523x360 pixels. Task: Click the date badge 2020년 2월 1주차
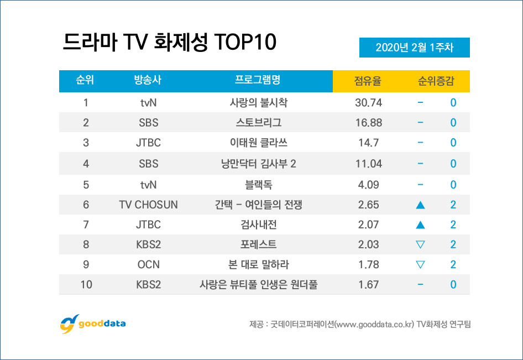414,48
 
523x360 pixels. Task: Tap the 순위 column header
85,81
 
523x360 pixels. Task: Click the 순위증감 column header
436,81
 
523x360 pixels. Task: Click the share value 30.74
368,102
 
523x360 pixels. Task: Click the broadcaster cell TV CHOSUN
148,205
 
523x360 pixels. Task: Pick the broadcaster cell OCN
148,264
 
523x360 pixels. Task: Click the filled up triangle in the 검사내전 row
420,225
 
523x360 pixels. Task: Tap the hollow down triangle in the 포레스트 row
420,245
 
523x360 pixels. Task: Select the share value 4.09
368,184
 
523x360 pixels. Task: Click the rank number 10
86,285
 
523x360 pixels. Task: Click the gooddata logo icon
67,323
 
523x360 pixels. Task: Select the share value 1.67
368,285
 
